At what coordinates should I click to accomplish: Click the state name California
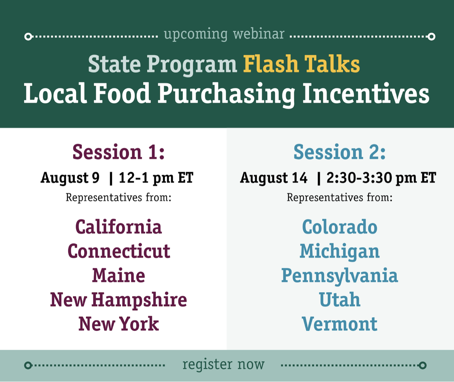pos(119,227)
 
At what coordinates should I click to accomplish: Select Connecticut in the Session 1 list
pos(119,251)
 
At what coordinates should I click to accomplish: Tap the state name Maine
pos(119,276)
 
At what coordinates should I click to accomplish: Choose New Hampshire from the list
pos(119,300)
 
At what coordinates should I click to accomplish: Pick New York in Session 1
pos(119,324)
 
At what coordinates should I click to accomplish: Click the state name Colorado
pos(340,227)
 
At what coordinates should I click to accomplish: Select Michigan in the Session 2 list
pos(340,252)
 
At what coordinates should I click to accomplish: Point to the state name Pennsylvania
pos(340,276)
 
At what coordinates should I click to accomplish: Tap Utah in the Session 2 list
pos(340,300)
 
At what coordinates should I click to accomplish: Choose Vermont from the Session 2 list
pos(340,324)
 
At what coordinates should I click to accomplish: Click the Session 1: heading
pos(119,152)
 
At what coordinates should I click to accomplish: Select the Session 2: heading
pos(340,152)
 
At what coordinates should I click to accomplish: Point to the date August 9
pos(70,178)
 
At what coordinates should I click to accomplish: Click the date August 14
pos(274,178)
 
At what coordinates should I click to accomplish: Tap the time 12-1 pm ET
pos(156,178)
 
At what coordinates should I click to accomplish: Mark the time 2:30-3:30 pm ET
pos(381,178)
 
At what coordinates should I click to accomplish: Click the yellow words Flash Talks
pos(301,64)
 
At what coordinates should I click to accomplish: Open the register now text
pos(224,364)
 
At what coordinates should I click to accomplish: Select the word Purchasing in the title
pos(226,94)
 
